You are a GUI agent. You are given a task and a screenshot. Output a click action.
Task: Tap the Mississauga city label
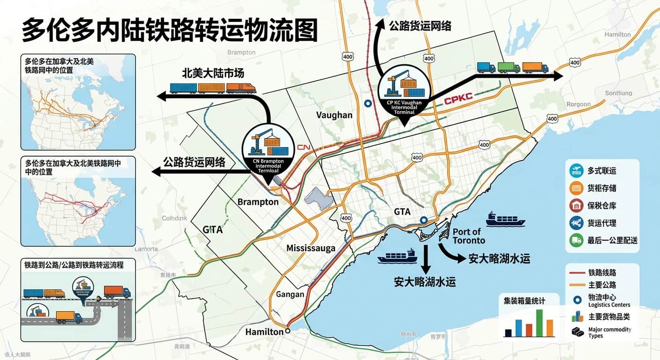click(x=311, y=248)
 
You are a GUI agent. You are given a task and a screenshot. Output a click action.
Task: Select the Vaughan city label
click(x=334, y=115)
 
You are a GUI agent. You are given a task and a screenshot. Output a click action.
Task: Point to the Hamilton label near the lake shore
click(x=264, y=332)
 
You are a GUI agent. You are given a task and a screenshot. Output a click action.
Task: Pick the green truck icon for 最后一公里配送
click(x=576, y=240)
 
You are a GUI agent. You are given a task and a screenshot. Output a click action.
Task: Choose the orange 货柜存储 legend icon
click(x=576, y=188)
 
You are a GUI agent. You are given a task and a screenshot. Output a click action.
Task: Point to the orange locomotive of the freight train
click(x=241, y=88)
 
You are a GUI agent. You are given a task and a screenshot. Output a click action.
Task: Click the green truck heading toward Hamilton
click(x=509, y=67)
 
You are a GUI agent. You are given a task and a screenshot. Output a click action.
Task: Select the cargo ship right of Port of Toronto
click(x=505, y=219)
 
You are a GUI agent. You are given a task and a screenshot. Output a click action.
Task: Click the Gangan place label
click(x=290, y=294)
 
